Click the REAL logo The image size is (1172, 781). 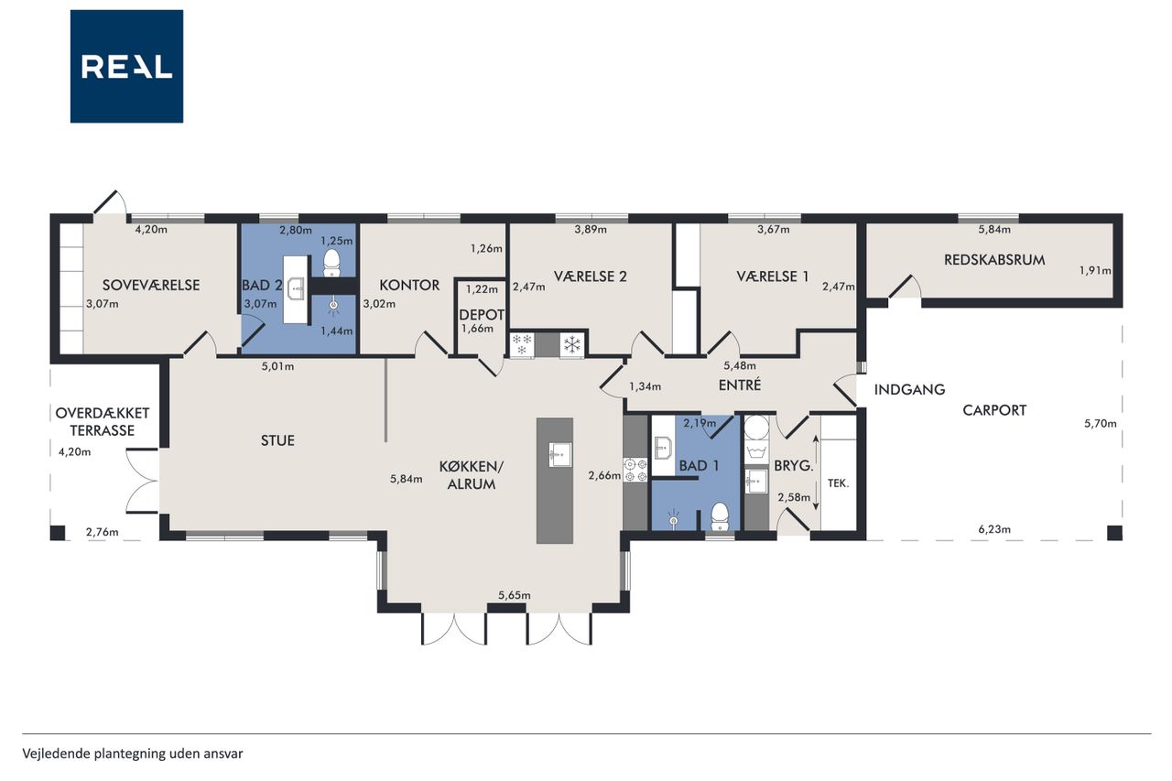click(126, 67)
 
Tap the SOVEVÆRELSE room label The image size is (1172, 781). click(151, 285)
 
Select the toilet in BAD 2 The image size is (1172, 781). click(331, 263)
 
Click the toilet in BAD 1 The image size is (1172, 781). click(720, 516)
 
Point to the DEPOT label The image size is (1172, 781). click(482, 314)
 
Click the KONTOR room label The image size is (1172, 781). click(409, 285)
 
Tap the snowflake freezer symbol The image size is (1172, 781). click(572, 345)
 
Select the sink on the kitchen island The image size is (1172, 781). click(559, 454)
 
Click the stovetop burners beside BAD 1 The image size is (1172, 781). click(635, 470)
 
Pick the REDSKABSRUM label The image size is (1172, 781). click(994, 260)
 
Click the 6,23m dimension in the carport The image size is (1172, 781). click(994, 529)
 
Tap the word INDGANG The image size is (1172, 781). click(909, 390)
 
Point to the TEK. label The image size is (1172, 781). click(838, 483)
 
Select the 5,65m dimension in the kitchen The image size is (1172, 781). click(514, 595)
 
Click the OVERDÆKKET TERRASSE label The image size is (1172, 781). click(103, 421)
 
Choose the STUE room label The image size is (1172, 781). click(277, 440)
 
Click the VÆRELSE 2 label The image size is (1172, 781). click(590, 277)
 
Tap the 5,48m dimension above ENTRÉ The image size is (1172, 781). click(739, 365)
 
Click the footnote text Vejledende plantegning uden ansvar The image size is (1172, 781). click(133, 754)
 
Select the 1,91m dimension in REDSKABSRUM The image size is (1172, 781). click(1094, 270)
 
